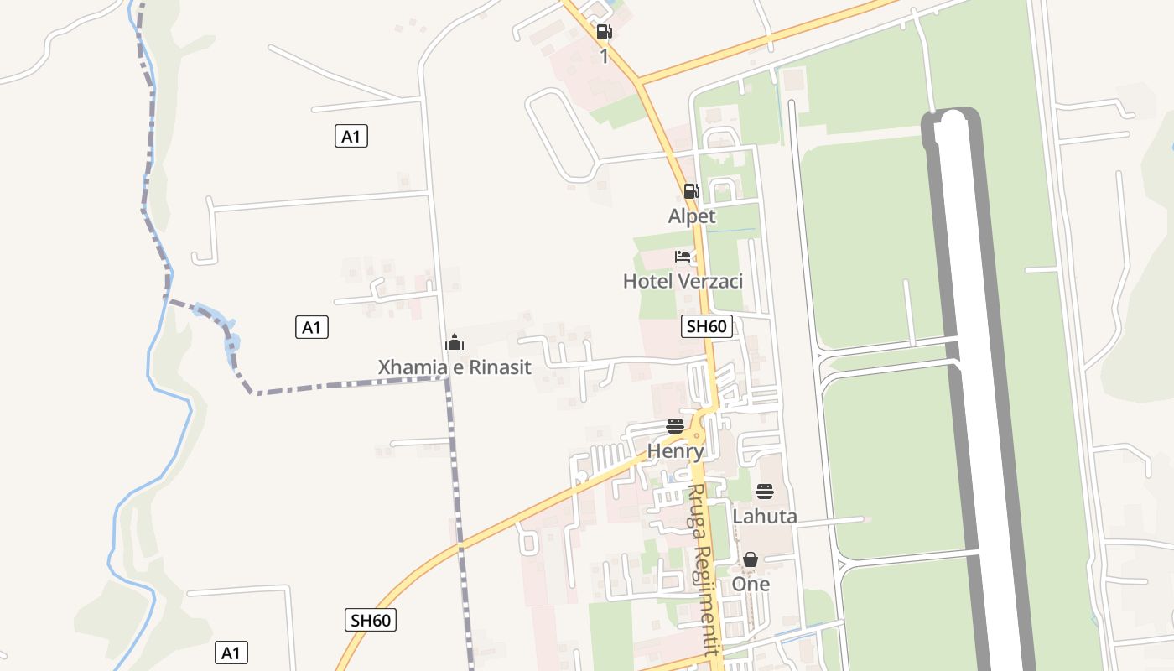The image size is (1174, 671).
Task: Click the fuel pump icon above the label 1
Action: (x=604, y=33)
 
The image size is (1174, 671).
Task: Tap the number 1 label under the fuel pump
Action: (x=604, y=57)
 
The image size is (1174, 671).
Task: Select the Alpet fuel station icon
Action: (x=691, y=191)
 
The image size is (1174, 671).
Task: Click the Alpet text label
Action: (x=692, y=216)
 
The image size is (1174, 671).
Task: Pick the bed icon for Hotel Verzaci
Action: (x=683, y=256)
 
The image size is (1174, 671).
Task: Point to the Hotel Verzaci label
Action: (x=683, y=281)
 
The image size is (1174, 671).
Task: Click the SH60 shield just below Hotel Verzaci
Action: (x=706, y=326)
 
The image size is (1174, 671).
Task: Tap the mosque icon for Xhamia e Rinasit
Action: (x=455, y=342)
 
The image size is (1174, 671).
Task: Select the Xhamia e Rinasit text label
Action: (x=455, y=367)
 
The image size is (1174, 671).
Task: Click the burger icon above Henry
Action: (x=675, y=426)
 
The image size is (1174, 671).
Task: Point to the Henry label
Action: (x=675, y=451)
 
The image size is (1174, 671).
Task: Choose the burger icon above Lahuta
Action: (x=765, y=492)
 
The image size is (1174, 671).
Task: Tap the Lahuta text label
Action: (x=765, y=516)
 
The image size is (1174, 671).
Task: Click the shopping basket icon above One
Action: (x=751, y=559)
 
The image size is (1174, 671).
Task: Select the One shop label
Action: (x=751, y=584)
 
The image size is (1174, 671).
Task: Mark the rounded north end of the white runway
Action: (x=953, y=122)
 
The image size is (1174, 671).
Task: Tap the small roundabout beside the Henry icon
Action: (x=696, y=435)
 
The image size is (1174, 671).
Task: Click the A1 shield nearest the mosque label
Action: (x=312, y=327)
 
